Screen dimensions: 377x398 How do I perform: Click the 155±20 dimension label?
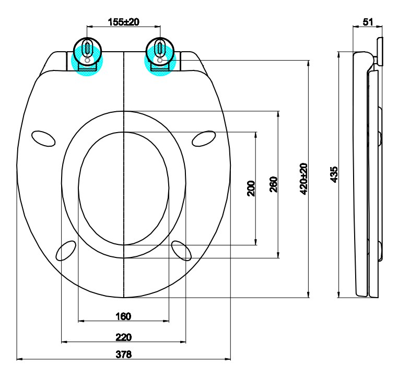click(123, 22)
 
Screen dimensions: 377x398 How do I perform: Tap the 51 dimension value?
click(367, 22)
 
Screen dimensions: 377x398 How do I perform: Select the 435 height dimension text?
click(334, 174)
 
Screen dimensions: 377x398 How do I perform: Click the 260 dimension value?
click(273, 185)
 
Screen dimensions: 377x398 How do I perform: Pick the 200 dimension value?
click(251, 188)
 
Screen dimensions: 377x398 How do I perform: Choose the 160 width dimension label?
click(123, 316)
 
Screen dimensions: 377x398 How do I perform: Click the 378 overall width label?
click(123, 355)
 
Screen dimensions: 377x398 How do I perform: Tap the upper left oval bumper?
click(43, 138)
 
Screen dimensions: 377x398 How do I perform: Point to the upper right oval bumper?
click(204, 138)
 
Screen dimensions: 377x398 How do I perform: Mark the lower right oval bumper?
click(181, 250)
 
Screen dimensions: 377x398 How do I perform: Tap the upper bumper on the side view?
click(380, 138)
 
